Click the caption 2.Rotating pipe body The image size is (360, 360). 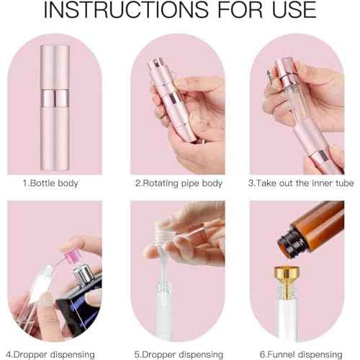(179, 183)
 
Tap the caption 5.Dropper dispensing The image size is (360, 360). (178, 353)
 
